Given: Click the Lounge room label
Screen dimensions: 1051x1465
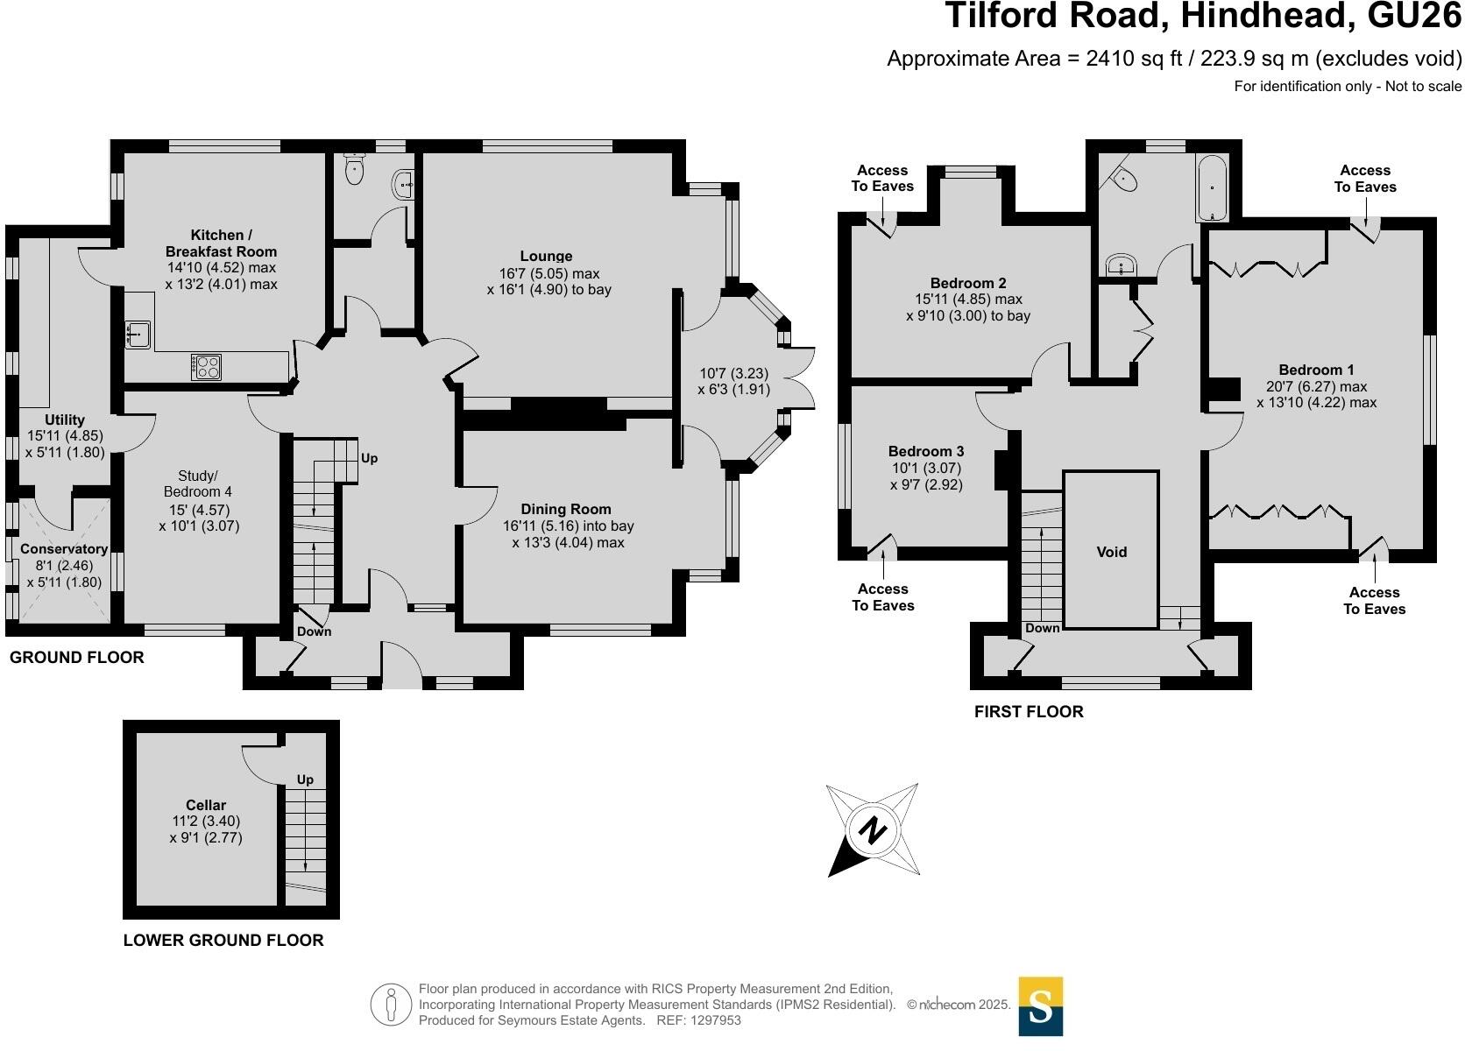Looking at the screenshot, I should [546, 256].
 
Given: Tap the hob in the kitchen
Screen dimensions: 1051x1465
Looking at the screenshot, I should [206, 366].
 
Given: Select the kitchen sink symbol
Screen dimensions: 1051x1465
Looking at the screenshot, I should [137, 334].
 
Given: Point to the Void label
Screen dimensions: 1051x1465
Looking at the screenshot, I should [1111, 552].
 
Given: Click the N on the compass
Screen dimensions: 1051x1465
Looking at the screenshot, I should [872, 829].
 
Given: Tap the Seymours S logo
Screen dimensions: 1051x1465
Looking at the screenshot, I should [1040, 1005].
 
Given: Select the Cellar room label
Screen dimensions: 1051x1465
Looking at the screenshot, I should [206, 805].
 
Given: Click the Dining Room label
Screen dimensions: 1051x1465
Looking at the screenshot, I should [566, 509].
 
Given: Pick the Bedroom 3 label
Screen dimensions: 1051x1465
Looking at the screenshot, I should [926, 451].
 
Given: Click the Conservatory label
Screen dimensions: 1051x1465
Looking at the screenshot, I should [64, 549].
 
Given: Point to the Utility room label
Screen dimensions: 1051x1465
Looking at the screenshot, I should [65, 420].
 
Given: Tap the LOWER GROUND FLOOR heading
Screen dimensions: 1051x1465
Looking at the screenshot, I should [223, 940].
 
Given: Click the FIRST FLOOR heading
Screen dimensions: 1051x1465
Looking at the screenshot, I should [1029, 711].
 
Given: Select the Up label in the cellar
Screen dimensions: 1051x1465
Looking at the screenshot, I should [305, 779].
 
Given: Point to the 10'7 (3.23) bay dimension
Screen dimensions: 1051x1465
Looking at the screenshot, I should [733, 373].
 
